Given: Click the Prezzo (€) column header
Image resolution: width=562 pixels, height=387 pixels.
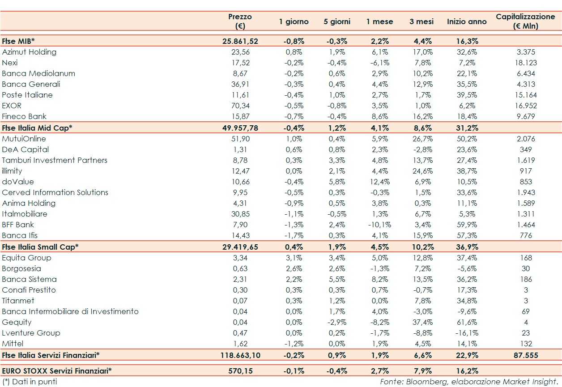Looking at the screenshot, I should pyautogui.click(x=240, y=21).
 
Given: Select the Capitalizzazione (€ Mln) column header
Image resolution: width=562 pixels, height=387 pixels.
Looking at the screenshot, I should pyautogui.click(x=525, y=21).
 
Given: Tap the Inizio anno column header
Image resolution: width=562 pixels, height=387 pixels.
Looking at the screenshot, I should pyautogui.click(x=467, y=21).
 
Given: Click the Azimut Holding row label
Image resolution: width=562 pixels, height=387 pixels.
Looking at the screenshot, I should pyautogui.click(x=29, y=52).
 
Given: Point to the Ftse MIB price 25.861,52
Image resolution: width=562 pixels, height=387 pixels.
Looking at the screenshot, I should pyautogui.click(x=240, y=41).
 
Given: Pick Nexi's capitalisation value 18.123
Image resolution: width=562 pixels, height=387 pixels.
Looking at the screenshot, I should pyautogui.click(x=526, y=63).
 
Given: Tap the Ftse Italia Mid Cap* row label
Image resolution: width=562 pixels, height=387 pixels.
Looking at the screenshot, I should pyautogui.click(x=37, y=128).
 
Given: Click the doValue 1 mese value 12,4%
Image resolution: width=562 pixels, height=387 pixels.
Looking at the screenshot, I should pyautogui.click(x=380, y=182).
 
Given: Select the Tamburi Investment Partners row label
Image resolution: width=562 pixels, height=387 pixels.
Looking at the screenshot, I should pyautogui.click(x=55, y=160).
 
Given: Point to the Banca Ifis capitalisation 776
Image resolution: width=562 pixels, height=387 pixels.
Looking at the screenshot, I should pyautogui.click(x=526, y=235).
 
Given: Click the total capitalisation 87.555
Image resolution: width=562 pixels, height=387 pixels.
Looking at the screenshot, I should pyautogui.click(x=526, y=355).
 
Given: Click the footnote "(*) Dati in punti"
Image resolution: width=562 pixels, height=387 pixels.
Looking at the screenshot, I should pyautogui.click(x=30, y=382).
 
